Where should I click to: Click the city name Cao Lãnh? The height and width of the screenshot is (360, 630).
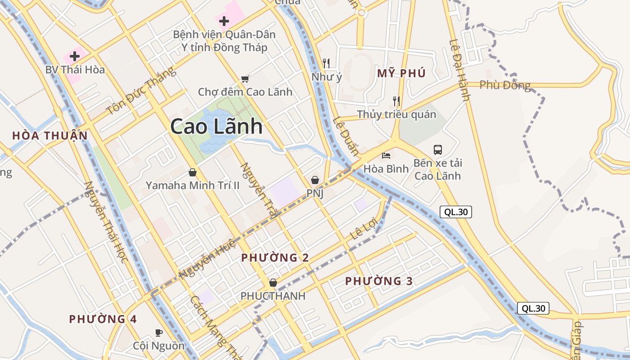click(x=216, y=126)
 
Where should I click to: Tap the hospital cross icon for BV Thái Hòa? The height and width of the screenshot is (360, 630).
click(x=75, y=56)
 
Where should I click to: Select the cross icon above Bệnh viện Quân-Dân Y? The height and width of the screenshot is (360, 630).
click(x=224, y=21)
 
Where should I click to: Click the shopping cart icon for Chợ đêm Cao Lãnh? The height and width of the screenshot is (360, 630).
click(x=245, y=79)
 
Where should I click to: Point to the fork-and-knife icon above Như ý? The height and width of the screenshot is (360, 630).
click(x=327, y=63)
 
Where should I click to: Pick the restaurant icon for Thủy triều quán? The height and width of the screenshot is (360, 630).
click(x=396, y=101)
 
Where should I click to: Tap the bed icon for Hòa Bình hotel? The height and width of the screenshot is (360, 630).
click(x=386, y=156)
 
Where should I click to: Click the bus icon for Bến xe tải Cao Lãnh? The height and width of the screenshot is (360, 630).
click(x=438, y=149)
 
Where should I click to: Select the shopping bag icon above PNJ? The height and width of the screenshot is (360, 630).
click(x=315, y=180)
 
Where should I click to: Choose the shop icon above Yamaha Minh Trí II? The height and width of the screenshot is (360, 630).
click(x=193, y=172)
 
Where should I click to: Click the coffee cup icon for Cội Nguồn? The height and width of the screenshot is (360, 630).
click(x=158, y=333)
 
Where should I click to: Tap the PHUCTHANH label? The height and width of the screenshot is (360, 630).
click(x=273, y=296)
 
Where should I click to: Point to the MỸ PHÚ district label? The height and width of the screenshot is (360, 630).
click(x=401, y=73)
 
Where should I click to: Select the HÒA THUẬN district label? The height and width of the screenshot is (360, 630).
click(x=50, y=135)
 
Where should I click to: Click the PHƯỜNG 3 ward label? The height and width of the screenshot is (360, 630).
click(x=379, y=281)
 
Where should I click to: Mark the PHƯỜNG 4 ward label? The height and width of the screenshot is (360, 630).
click(x=103, y=319)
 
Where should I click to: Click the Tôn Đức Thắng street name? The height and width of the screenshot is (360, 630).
click(x=140, y=91)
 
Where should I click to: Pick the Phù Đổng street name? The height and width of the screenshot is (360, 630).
click(x=505, y=85)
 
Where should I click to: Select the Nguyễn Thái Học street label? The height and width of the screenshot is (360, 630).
click(x=106, y=222)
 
